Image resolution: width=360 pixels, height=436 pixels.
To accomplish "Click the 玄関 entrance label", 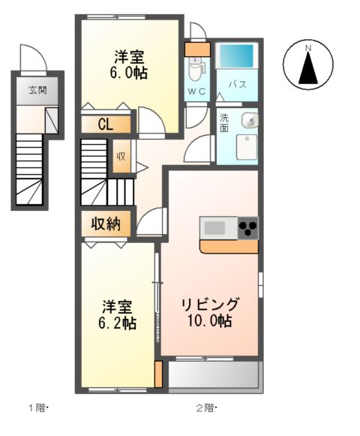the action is click(37, 90).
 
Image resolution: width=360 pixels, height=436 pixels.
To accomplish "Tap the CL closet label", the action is click(106, 125).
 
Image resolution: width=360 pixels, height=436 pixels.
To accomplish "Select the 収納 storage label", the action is click(106, 224).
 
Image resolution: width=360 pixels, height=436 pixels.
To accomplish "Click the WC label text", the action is click(196, 91).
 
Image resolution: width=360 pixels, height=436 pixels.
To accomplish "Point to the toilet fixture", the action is click(196, 70).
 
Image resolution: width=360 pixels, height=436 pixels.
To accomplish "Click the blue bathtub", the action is click(236, 56).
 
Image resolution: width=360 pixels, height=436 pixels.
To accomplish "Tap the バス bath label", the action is click(238, 85).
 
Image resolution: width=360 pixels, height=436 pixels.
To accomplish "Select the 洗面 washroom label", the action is click(224, 123).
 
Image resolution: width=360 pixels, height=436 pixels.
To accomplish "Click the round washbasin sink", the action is click(250, 121).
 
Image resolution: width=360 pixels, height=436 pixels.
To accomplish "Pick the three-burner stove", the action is click(248, 228).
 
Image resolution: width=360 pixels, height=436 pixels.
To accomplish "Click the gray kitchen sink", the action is click(214, 228).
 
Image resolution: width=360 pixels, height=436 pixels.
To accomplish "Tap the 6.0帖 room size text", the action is click(128, 74).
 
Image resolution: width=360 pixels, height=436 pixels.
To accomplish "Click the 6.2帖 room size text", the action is click(117, 323).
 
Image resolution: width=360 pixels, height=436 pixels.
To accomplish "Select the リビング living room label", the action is click(210, 304).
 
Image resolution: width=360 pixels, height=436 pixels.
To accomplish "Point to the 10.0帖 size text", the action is click(210, 321).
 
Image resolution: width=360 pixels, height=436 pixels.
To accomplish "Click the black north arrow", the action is click(308, 68).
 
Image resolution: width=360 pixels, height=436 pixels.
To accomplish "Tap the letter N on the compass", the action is click(308, 48).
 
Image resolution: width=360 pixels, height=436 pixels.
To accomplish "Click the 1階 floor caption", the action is click(39, 408).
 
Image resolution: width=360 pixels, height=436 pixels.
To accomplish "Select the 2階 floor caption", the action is click(206, 408).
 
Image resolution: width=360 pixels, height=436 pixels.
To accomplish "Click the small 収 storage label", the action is click(121, 157).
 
